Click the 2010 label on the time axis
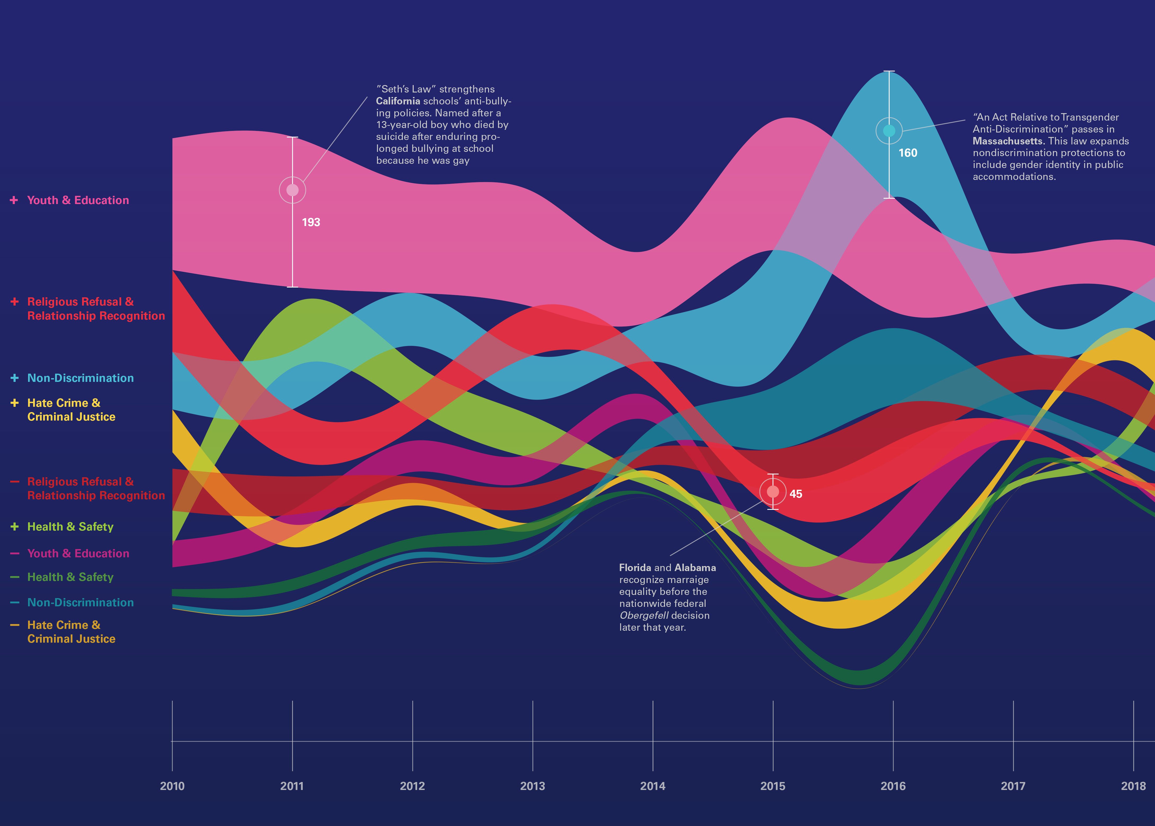pos(172,786)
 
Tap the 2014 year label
pos(653,786)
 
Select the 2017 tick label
pos(1013,786)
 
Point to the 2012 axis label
pos(412,786)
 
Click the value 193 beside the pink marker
pos(311,222)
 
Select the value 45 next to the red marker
pos(796,494)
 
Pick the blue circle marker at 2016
pos(889,131)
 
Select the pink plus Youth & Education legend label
pos(78,200)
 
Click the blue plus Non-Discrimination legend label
pos(80,378)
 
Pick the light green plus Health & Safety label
pos(70,527)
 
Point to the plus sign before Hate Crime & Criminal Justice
pos(14,403)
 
